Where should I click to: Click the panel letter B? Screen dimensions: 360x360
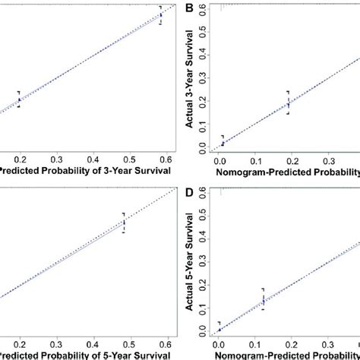(x=190, y=8)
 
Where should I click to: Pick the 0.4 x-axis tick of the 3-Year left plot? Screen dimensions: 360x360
(x=93, y=160)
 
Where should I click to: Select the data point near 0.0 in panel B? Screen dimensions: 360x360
(x=223, y=142)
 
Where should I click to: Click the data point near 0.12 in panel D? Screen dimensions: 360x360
(x=263, y=301)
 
